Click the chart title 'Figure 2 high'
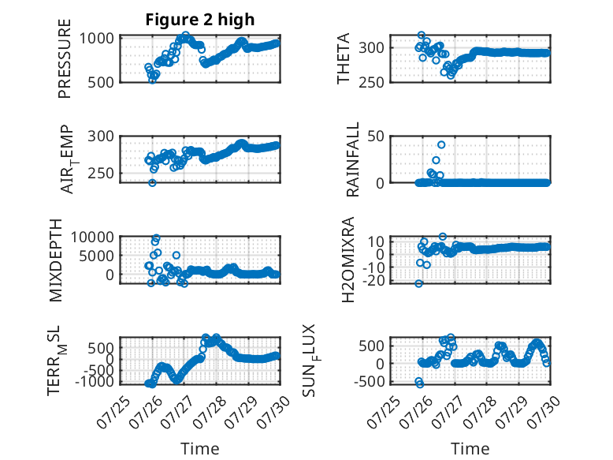click(200, 20)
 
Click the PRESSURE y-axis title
click(65, 58)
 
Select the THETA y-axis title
click(344, 58)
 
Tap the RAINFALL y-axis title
click(353, 159)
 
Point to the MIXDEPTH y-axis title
click(56, 260)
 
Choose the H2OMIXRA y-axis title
click(348, 260)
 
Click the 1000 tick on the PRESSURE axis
click(97, 39)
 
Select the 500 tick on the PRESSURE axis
click(101, 83)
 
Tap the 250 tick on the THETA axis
click(371, 83)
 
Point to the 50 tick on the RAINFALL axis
click(376, 137)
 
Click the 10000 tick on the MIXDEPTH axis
click(92, 237)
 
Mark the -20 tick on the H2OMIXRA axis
click(373, 281)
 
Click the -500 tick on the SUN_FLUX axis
click(370, 381)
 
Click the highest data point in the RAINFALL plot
click(441, 145)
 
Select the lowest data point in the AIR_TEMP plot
click(153, 183)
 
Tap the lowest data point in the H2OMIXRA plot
click(418, 283)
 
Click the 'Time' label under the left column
click(200, 449)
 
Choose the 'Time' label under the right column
click(470, 449)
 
